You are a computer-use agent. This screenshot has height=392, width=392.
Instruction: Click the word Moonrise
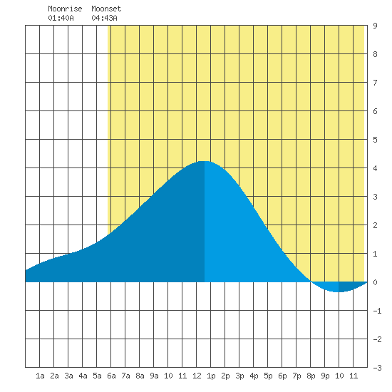(x=65, y=9)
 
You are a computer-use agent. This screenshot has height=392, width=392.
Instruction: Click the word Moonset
(x=106, y=9)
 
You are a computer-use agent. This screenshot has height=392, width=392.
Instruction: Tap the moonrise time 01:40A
(x=61, y=18)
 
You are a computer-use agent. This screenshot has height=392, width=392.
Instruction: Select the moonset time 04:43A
(x=104, y=18)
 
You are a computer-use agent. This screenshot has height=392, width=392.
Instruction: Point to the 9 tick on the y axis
(x=375, y=26)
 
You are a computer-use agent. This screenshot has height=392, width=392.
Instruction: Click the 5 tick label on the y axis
(x=375, y=140)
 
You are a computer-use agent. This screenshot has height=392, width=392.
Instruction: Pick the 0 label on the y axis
(x=375, y=282)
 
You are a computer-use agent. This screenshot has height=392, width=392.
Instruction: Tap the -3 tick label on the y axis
(x=377, y=368)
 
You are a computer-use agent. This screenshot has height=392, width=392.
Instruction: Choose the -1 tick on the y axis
(x=377, y=311)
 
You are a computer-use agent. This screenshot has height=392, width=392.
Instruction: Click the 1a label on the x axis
(x=40, y=376)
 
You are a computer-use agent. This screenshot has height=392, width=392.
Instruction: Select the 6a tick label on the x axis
(x=111, y=376)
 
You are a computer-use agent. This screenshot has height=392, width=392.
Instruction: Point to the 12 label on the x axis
(x=197, y=376)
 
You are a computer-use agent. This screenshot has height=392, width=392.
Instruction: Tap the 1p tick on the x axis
(x=211, y=376)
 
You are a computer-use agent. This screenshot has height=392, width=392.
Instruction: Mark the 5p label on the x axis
(x=268, y=376)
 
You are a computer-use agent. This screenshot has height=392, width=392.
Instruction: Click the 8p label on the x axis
(x=311, y=376)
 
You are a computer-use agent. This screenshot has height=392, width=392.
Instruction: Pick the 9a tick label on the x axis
(x=154, y=376)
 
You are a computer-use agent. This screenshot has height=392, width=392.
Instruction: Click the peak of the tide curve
(x=205, y=161)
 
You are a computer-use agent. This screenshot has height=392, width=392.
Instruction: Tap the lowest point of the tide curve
(x=338, y=292)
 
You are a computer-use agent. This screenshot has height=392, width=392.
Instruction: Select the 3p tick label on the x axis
(x=239, y=376)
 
